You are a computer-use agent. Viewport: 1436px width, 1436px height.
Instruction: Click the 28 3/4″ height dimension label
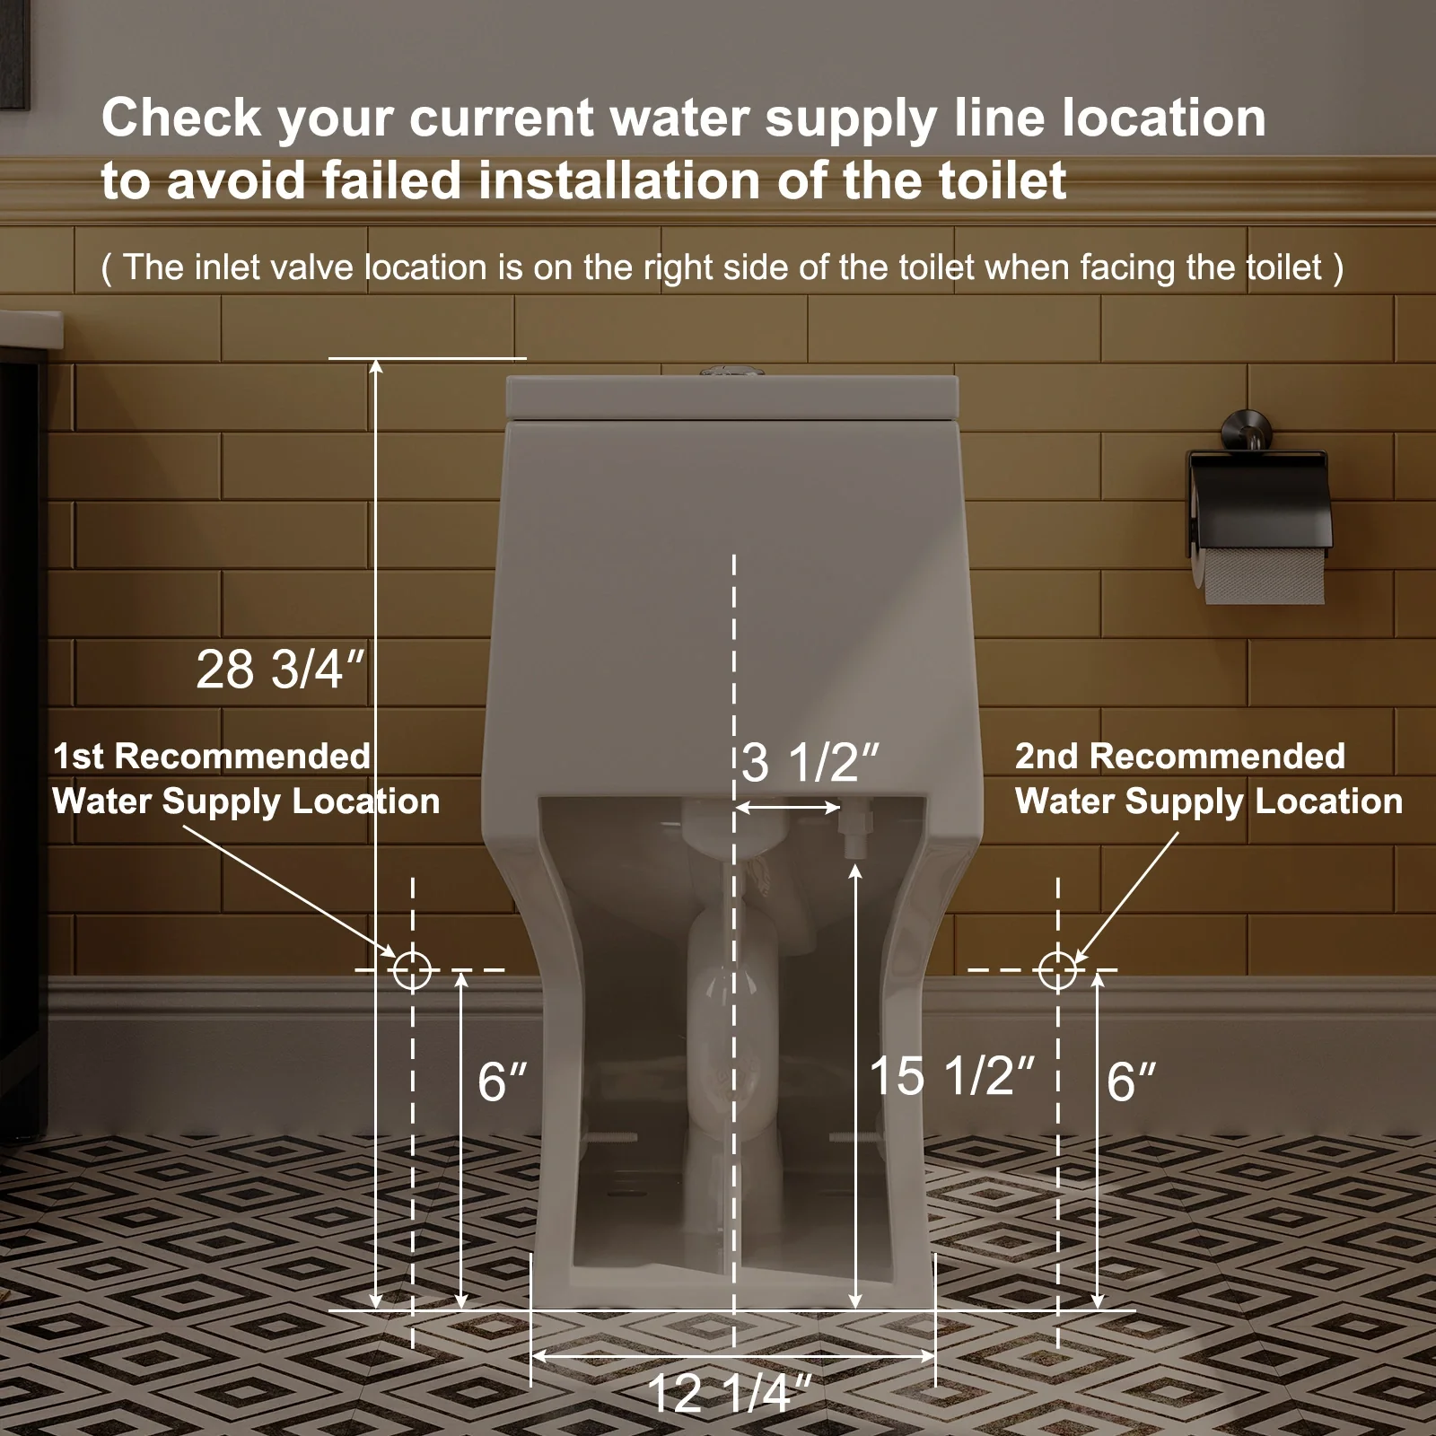coord(281,670)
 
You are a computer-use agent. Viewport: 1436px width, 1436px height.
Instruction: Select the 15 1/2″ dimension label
coord(952,1075)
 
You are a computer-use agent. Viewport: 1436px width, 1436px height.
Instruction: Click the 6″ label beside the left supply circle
coord(503,1081)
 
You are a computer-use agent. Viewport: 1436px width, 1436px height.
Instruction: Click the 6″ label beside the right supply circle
coord(1132,1081)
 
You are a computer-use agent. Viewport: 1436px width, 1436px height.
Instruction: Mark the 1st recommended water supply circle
coord(412,970)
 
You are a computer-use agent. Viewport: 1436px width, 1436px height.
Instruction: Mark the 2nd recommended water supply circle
coord(1057,970)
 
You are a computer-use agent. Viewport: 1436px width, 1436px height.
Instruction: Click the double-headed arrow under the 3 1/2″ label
coord(788,808)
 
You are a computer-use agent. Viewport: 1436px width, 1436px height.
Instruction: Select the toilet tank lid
coord(732,397)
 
